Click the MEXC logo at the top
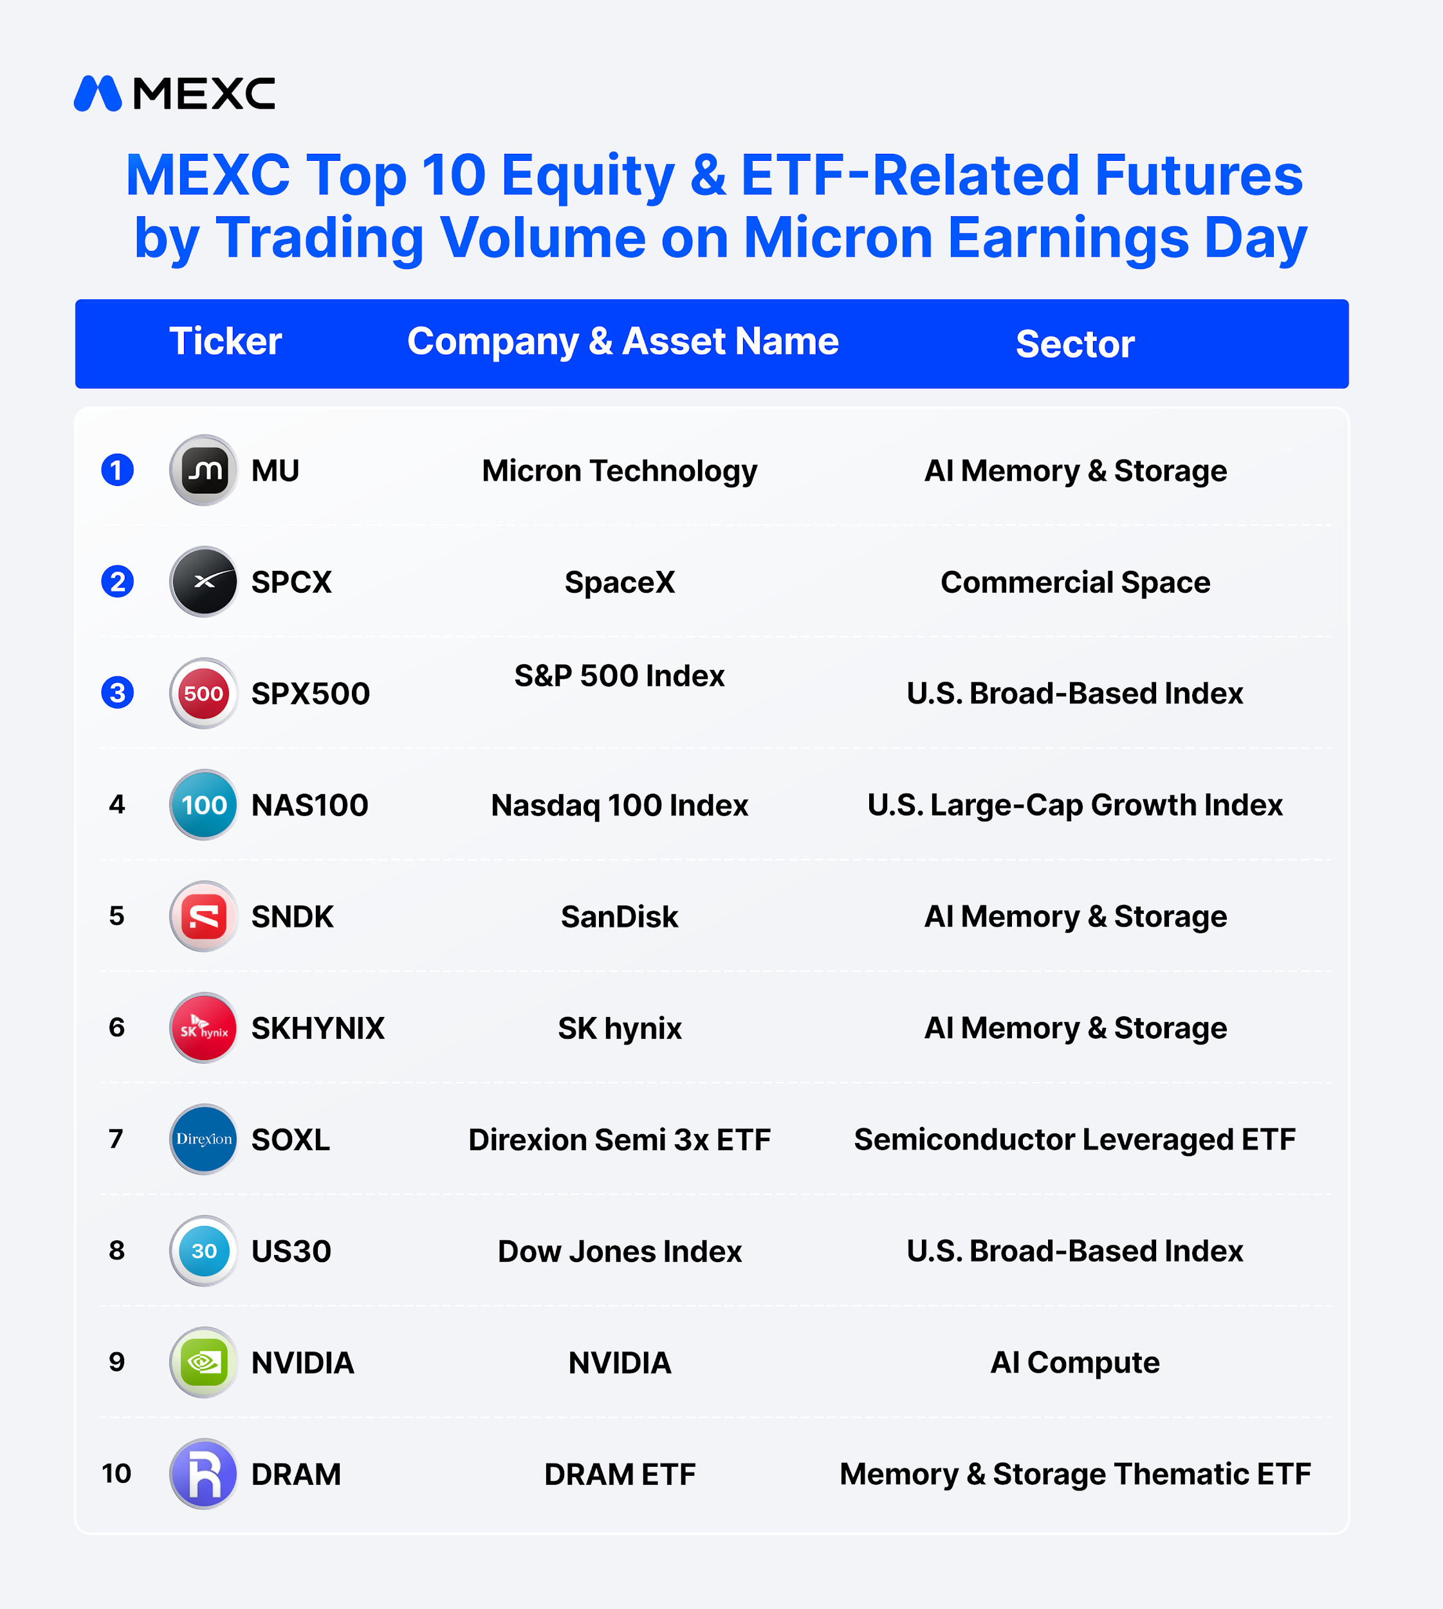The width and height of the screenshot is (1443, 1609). tap(174, 93)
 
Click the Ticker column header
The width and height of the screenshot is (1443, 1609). tap(226, 342)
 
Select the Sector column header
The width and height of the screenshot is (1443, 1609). tap(1075, 344)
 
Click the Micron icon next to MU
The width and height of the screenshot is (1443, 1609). tap(204, 470)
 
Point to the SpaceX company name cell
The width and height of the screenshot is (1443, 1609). tap(620, 582)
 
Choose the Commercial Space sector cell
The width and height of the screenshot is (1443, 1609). tap(1075, 582)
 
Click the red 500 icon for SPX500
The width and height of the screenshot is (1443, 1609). tap(204, 693)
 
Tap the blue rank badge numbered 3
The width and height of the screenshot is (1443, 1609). tap(117, 693)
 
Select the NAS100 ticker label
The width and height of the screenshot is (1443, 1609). tap(310, 805)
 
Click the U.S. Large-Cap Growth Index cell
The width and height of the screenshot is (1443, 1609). tap(1075, 805)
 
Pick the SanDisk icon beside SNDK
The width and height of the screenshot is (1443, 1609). tap(204, 916)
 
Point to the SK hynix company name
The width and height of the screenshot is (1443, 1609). tap(620, 1028)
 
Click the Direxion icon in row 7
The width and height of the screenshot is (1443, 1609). tap(204, 1139)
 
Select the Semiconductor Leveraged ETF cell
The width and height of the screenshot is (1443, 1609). tap(1075, 1140)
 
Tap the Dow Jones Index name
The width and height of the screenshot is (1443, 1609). tap(620, 1251)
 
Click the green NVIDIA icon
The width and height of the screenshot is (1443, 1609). tap(204, 1363)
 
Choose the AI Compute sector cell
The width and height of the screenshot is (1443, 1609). tap(1075, 1363)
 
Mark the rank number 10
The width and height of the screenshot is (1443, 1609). tap(116, 1473)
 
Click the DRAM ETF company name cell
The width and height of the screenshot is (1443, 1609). tap(620, 1474)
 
